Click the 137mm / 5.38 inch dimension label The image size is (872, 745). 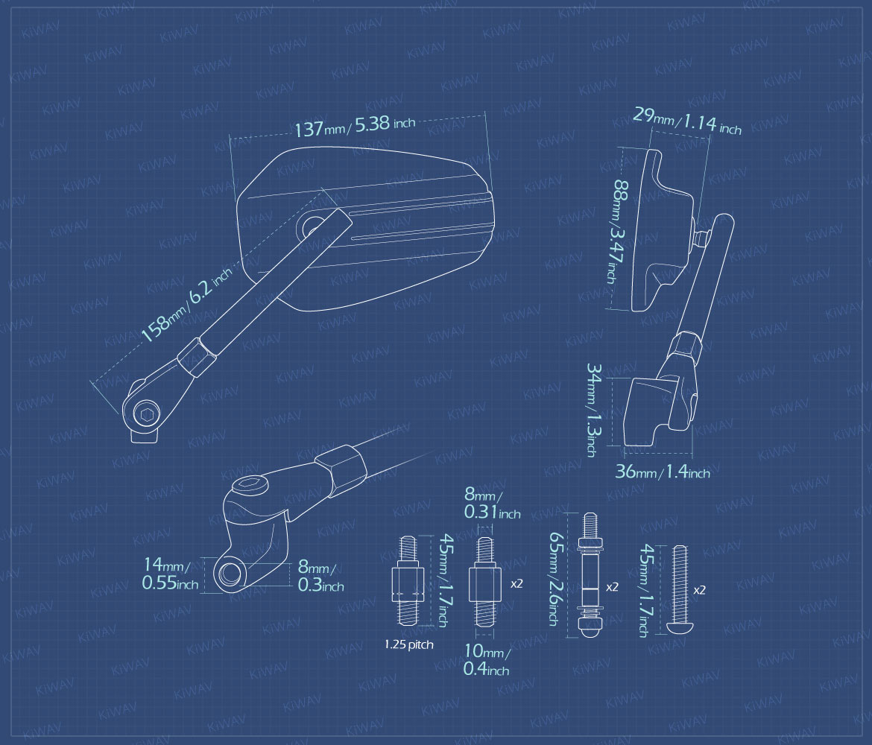[354, 126]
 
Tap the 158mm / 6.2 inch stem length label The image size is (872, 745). [186, 305]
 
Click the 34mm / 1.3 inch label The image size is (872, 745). [593, 410]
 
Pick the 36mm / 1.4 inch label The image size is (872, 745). [663, 472]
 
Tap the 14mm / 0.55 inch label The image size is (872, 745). [170, 574]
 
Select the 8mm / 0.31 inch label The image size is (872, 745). [492, 504]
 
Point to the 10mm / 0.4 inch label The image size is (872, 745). [487, 660]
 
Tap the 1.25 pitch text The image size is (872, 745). [408, 644]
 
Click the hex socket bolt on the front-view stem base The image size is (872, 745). [147, 413]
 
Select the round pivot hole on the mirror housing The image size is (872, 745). [312, 226]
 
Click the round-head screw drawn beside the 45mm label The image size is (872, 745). [680, 591]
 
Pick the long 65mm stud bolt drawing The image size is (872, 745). [590, 575]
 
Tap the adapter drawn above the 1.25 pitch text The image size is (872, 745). [408, 581]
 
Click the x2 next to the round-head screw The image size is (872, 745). [699, 590]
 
